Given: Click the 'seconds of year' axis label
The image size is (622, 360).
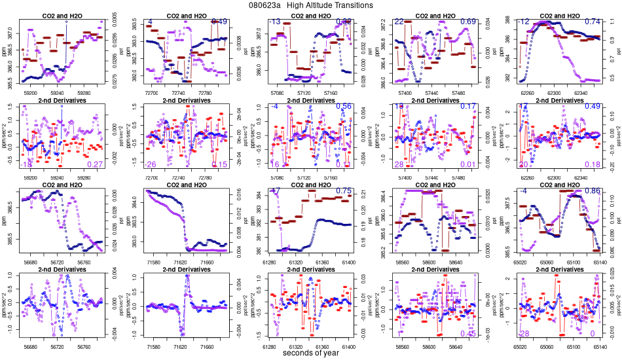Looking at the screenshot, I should [311, 353].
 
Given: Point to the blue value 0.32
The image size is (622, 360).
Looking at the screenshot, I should [344, 22].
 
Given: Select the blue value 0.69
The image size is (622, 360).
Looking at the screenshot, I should [468, 22].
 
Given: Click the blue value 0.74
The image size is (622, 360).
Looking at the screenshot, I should [593, 22].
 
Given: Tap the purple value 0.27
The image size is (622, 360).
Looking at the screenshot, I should [95, 164].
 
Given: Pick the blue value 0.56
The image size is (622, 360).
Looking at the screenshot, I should [344, 106].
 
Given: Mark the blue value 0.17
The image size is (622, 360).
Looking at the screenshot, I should [468, 106].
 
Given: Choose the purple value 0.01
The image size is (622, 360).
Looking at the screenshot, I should [468, 164].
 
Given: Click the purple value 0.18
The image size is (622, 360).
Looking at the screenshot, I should [593, 164].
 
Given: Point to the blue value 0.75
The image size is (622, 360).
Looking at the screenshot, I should [344, 191].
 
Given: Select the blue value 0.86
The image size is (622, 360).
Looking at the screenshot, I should [593, 191].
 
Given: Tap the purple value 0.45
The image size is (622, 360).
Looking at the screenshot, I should [468, 334].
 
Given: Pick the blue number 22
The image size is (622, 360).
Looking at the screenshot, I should [399, 22].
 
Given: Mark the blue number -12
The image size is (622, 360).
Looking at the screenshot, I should [524, 22].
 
